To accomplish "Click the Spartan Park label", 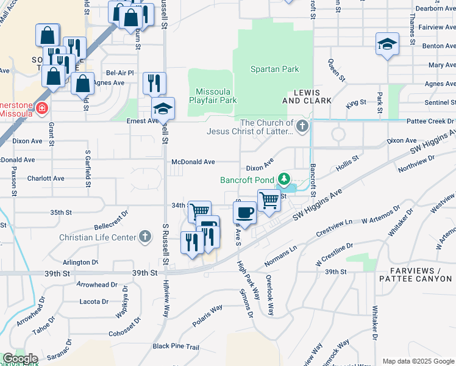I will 274,70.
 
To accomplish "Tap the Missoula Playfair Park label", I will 213,95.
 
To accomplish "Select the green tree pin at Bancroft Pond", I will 283,179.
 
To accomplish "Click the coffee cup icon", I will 245,213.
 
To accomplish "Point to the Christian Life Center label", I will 98,237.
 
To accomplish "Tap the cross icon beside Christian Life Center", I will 144,237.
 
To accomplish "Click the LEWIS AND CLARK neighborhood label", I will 307,96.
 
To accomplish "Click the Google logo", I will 20,359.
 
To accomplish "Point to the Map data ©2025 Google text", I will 418,361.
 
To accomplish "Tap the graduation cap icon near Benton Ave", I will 387,44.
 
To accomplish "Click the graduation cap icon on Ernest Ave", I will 163,109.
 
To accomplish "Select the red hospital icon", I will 41,109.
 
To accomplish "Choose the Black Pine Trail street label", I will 176,346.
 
